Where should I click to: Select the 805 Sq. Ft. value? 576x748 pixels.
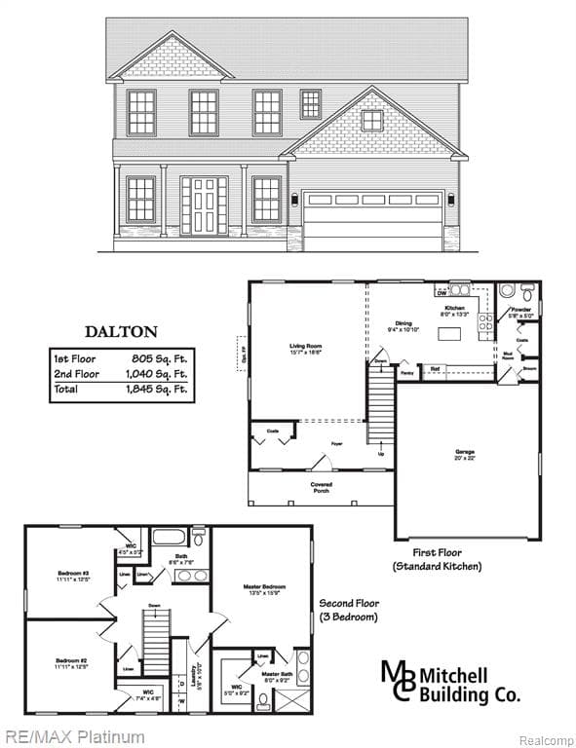(160, 358)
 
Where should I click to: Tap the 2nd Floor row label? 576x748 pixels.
(76, 374)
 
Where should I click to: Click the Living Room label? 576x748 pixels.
(305, 346)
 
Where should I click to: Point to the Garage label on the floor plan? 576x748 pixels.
(465, 452)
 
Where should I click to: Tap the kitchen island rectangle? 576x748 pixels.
(449, 333)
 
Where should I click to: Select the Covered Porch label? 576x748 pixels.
(322, 487)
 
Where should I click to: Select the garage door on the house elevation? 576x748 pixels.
(373, 216)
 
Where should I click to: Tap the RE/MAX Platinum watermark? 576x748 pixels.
(74, 736)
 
